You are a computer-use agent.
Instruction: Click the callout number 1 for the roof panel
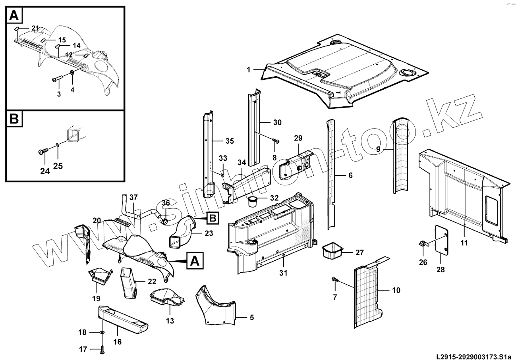pyautogui.click(x=248, y=70)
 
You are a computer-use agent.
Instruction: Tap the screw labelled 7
pyautogui.click(x=335, y=280)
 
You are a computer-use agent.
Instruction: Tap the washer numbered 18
pyautogui.click(x=102, y=332)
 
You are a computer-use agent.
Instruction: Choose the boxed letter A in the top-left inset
pyautogui.click(x=14, y=16)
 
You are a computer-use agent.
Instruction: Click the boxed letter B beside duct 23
pyautogui.click(x=212, y=218)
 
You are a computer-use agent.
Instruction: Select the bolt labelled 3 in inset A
pyautogui.click(x=56, y=79)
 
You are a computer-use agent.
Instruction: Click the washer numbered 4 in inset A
pyautogui.click(x=72, y=73)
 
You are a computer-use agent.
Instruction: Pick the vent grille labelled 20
pyautogui.click(x=122, y=222)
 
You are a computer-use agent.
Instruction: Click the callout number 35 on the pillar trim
pyautogui.click(x=229, y=141)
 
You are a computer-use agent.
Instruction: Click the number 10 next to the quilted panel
pyautogui.click(x=396, y=291)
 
